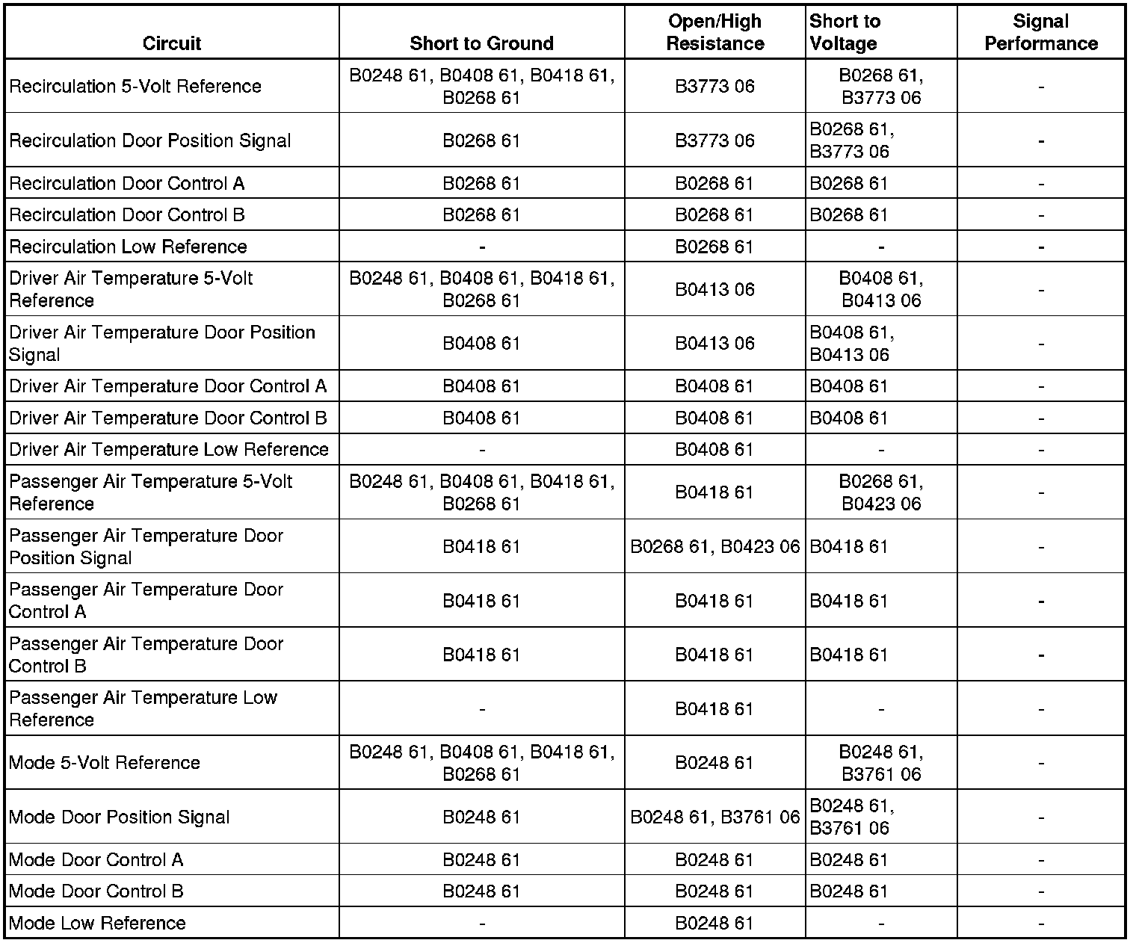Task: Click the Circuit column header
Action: tap(172, 43)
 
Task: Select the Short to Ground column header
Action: tap(481, 43)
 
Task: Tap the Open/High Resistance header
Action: tap(715, 33)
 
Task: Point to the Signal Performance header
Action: tap(1041, 33)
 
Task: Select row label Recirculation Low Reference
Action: tap(128, 247)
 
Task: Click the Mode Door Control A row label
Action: tap(96, 859)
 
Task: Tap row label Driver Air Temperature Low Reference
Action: tap(169, 449)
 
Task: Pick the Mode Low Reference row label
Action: tap(97, 923)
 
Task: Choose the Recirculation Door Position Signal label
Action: tap(150, 140)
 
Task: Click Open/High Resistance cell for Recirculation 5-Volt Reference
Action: tap(715, 87)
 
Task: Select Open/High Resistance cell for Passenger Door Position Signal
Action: tap(715, 547)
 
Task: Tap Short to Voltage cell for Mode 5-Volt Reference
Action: tap(881, 763)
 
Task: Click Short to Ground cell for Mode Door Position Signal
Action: tap(481, 817)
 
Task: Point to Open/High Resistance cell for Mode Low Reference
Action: tap(715, 923)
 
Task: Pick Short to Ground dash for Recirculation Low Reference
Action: tap(482, 247)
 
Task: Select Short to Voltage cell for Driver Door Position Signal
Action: tap(852, 343)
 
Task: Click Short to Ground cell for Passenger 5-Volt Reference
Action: tap(482, 492)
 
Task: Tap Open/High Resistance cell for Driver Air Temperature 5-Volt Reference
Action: tap(715, 289)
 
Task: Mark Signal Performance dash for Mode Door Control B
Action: tap(1041, 891)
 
